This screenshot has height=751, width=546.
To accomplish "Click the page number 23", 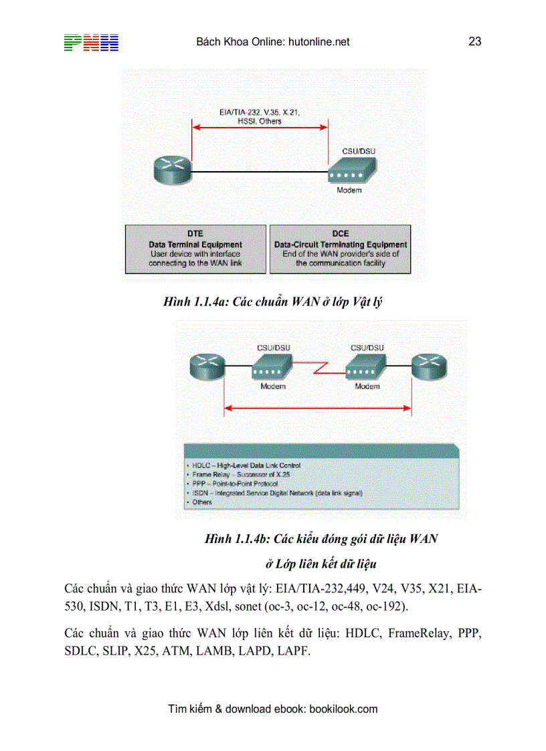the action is pos(475,41).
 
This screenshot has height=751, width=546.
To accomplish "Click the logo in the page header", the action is pos(91,42).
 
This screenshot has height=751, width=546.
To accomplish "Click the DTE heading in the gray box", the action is pos(195,234).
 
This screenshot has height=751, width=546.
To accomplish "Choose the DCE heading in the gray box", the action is pos(341,234).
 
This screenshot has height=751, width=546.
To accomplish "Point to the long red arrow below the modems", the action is pos(317,407).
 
